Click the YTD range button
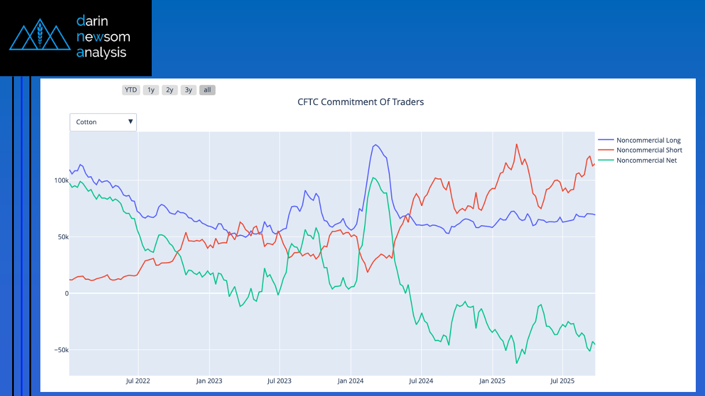click(x=131, y=90)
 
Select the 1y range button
click(x=151, y=90)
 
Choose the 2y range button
click(x=170, y=90)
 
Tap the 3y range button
click(x=188, y=90)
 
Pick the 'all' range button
click(x=207, y=90)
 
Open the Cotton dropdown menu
click(x=103, y=122)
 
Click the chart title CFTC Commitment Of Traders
click(x=361, y=102)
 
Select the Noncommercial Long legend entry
click(x=648, y=140)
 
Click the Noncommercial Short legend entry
click(x=649, y=150)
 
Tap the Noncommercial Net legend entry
click(x=646, y=160)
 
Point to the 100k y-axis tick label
click(x=60, y=181)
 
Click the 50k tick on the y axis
click(x=61, y=237)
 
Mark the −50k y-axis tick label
click(x=60, y=350)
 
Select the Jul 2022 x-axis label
click(x=138, y=381)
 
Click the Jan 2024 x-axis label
click(x=351, y=381)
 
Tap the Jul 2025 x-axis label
click(x=562, y=381)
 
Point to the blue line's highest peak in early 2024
click(x=375, y=145)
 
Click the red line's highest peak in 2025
click(x=516, y=144)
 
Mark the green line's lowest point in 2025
click(x=516, y=363)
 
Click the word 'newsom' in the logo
click(x=103, y=37)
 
